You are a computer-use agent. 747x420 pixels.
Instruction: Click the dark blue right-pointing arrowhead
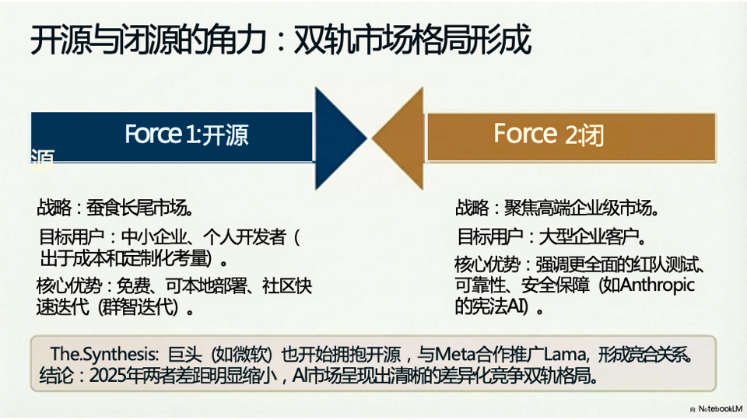[334, 138]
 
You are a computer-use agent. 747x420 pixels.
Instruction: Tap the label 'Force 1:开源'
[186, 135]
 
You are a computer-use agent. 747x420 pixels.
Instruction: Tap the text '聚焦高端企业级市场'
[580, 208]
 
